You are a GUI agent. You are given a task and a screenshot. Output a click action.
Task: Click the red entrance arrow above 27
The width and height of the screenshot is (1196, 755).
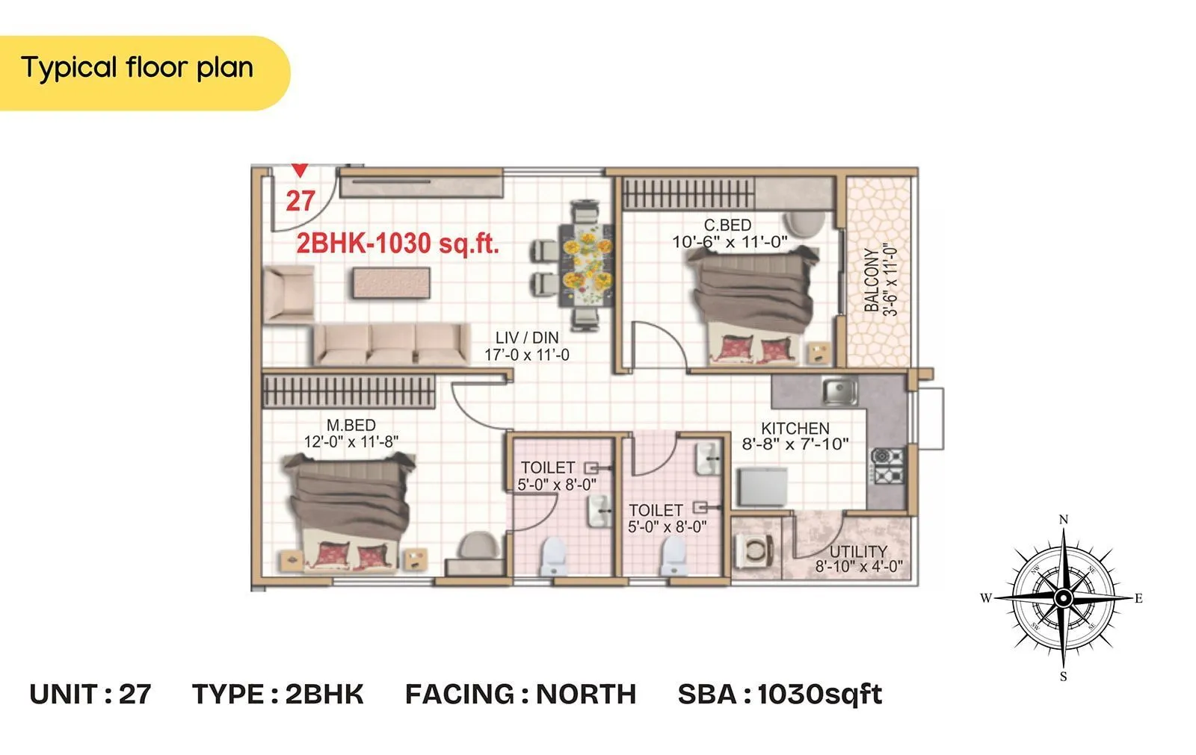[299, 170]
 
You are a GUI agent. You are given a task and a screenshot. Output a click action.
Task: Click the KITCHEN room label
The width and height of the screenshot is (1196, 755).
[795, 429]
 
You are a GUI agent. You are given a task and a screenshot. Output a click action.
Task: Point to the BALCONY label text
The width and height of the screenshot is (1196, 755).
[872, 280]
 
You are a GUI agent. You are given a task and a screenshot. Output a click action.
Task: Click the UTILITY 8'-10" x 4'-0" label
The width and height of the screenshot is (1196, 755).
[858, 559]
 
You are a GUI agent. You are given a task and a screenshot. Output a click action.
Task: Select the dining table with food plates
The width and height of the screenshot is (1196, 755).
[587, 263]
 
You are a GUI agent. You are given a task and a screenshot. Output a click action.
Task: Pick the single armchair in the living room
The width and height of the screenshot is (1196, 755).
[289, 294]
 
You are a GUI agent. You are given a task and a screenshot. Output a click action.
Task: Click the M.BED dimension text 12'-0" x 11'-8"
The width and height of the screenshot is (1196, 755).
[351, 442]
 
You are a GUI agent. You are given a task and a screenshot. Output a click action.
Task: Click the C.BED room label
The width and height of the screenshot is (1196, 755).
[727, 225]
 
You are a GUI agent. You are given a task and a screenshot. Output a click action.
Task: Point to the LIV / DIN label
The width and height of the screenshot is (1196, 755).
[526, 338]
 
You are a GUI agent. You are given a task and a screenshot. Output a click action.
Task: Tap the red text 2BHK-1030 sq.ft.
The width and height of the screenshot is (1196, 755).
[397, 243]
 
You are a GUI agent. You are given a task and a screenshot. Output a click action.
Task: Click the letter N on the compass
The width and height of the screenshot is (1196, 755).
[1064, 520]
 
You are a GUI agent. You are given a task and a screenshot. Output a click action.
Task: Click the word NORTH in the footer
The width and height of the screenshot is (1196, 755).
[585, 694]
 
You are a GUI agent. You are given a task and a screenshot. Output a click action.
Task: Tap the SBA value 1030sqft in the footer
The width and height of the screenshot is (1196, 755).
[819, 694]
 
